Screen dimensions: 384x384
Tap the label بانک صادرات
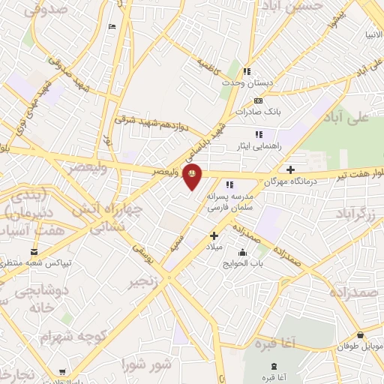[256, 112]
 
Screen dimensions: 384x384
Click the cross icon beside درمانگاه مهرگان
[290, 169]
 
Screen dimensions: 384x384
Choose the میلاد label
[213, 246]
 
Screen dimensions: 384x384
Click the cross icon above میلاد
[213, 235]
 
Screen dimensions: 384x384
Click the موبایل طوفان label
[363, 346]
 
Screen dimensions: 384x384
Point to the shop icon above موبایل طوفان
[361, 335]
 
